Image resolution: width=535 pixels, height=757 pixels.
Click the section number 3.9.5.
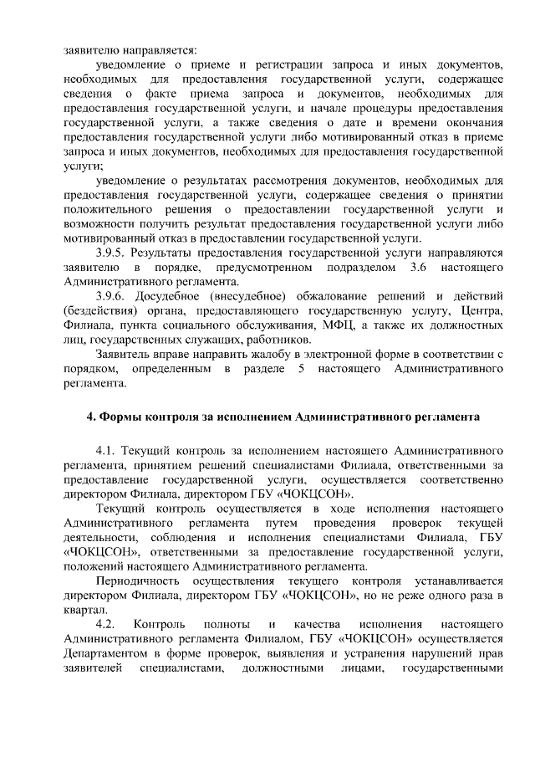[111, 252]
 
